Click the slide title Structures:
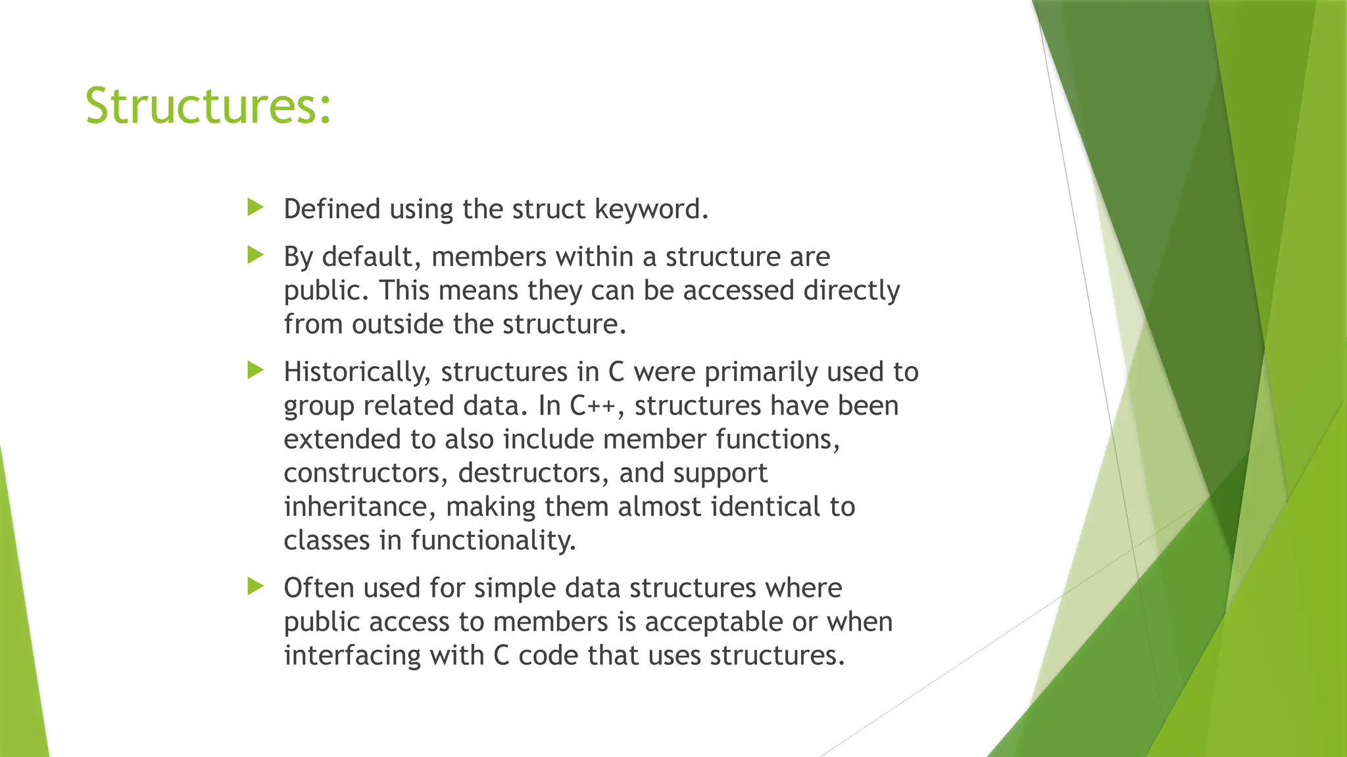(208, 106)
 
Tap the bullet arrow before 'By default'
(255, 255)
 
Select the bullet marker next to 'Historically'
(255, 371)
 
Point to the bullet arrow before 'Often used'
(255, 586)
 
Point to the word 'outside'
(397, 324)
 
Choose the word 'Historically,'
(357, 373)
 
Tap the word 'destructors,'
(533, 473)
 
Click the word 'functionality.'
(493, 541)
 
